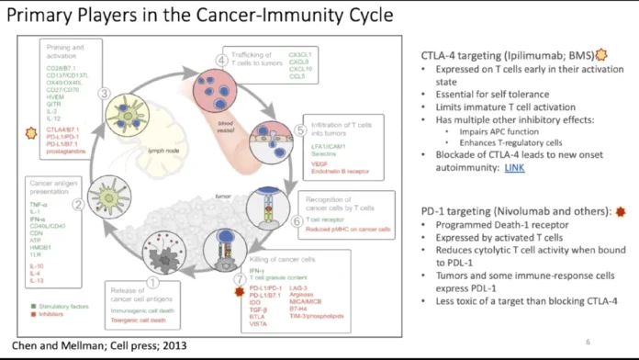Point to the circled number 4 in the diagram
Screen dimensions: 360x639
pyautogui.click(x=221, y=61)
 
